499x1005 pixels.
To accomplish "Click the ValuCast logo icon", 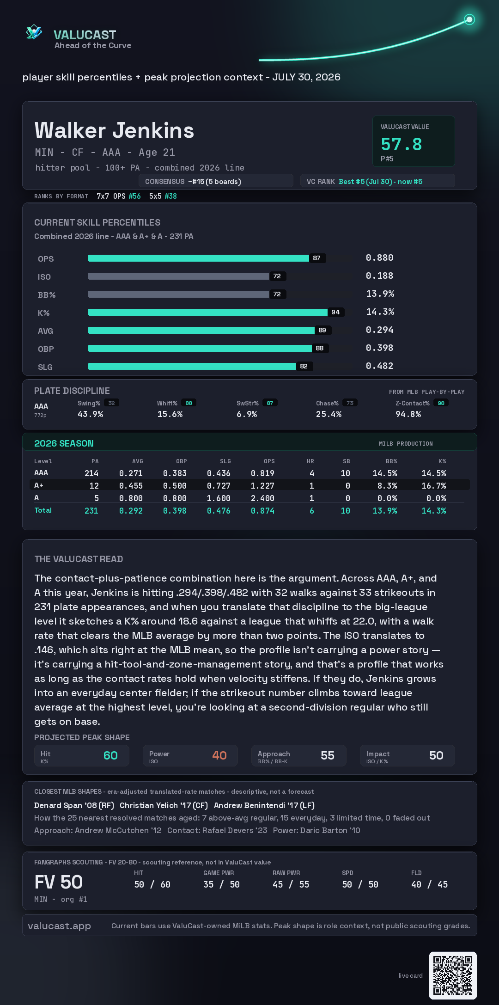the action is click(x=34, y=32).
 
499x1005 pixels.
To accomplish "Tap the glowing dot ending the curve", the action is click(x=469, y=19).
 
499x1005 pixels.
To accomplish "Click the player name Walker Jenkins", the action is click(x=114, y=130).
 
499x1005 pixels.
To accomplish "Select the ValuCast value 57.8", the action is click(x=402, y=144).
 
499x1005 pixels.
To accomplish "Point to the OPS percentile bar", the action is click(x=198, y=258).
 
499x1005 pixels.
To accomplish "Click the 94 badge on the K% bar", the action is click(x=335, y=312).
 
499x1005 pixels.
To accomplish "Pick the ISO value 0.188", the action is click(x=379, y=276).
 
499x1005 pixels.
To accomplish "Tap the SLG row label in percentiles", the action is click(x=45, y=367).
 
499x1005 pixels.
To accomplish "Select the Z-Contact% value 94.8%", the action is click(x=408, y=414).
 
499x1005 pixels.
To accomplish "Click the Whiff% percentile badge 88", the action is click(x=189, y=403).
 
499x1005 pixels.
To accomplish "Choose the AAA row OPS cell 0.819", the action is click(x=262, y=473).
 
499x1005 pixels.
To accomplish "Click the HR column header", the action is click(x=310, y=461).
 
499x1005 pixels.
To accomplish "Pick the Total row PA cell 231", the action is click(x=91, y=511).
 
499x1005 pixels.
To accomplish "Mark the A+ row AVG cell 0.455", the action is click(x=131, y=486).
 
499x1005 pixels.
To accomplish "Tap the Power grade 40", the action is click(x=219, y=755).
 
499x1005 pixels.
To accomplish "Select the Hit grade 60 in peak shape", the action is click(x=110, y=755).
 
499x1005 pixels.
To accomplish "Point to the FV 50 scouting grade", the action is click(x=59, y=882).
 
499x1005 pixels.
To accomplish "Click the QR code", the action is click(x=453, y=975).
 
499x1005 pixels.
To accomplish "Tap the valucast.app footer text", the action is click(x=59, y=926).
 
